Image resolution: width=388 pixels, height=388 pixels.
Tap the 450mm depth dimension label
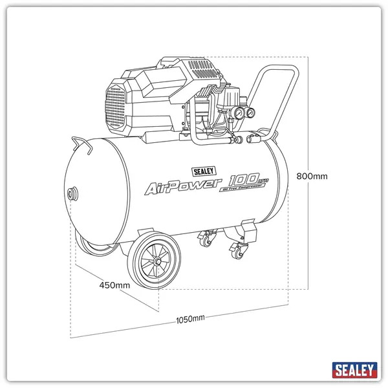click(x=114, y=285)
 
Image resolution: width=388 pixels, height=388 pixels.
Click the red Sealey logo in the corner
click(x=354, y=370)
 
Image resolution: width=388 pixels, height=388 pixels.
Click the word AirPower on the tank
click(x=182, y=188)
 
